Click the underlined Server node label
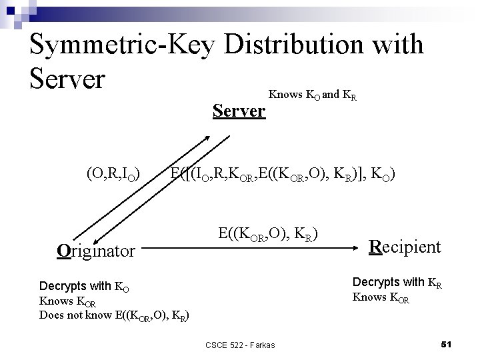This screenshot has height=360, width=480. (x=239, y=111)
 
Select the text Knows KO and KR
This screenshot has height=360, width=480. (x=312, y=95)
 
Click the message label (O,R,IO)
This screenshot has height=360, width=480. (x=113, y=175)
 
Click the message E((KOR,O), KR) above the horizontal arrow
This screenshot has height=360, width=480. (x=267, y=234)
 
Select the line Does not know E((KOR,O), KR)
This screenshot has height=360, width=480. (x=114, y=315)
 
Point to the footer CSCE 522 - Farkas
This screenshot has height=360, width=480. (x=239, y=345)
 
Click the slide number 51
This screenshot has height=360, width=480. (x=447, y=344)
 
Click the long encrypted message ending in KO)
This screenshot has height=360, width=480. (x=283, y=175)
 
